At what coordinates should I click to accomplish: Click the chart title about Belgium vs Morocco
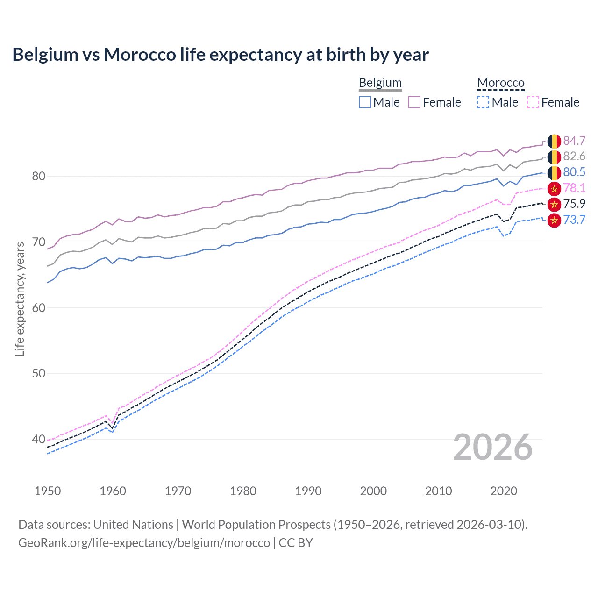[220, 55]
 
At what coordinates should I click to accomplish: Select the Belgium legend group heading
[380, 83]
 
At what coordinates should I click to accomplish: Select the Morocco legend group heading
[500, 83]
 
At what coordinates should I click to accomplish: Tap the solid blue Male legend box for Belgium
[365, 102]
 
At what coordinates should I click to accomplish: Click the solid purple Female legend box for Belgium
[414, 102]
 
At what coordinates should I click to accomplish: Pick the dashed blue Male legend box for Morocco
[483, 102]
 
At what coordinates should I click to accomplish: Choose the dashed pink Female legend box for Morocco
[533, 102]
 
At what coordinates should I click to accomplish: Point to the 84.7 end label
[574, 141]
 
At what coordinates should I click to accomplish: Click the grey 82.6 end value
[574, 157]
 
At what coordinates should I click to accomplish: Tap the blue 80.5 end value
[574, 172]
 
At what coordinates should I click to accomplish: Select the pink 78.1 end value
[574, 188]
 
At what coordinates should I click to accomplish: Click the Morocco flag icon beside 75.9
[554, 204]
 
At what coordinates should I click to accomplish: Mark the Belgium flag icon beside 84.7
[554, 141]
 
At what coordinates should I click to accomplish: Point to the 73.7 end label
[574, 220]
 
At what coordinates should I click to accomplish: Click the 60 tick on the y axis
[38, 308]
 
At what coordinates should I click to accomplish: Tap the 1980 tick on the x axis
[243, 491]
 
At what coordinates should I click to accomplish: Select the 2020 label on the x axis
[504, 491]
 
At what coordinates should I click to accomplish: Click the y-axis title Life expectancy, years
[20, 299]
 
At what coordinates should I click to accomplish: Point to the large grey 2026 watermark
[492, 448]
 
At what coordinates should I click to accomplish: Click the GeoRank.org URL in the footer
[144, 543]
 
